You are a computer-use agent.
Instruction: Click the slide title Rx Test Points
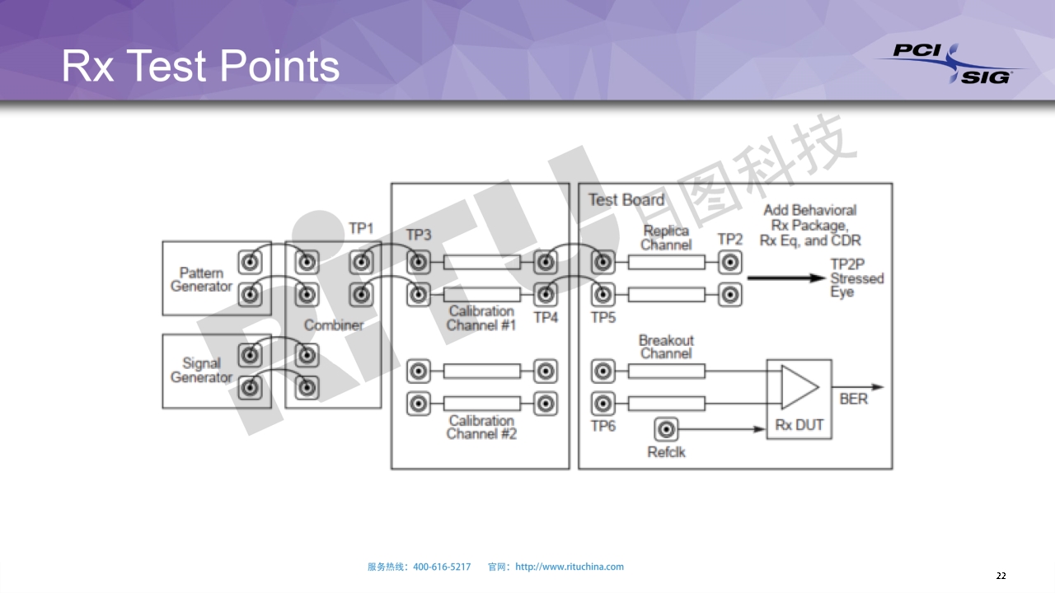click(x=200, y=66)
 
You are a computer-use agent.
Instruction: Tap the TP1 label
click(x=361, y=228)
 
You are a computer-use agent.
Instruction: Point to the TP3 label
click(x=419, y=235)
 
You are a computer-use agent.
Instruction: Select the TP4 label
click(x=546, y=317)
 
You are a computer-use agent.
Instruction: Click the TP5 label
click(x=603, y=317)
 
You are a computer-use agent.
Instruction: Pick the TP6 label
click(x=603, y=426)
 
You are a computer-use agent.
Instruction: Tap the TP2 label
click(x=729, y=239)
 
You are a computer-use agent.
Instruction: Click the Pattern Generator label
click(x=201, y=280)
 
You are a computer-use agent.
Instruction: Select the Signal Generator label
click(x=201, y=370)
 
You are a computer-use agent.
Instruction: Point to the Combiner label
click(x=334, y=325)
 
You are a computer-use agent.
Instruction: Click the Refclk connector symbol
click(x=666, y=429)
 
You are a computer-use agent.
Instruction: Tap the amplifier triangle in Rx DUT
click(x=799, y=387)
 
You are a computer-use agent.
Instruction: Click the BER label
click(x=853, y=399)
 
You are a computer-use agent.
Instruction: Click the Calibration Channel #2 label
click(x=481, y=427)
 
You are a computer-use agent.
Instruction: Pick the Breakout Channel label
click(x=666, y=347)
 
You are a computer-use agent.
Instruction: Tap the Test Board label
click(x=626, y=200)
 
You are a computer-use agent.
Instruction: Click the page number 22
click(x=1001, y=576)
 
